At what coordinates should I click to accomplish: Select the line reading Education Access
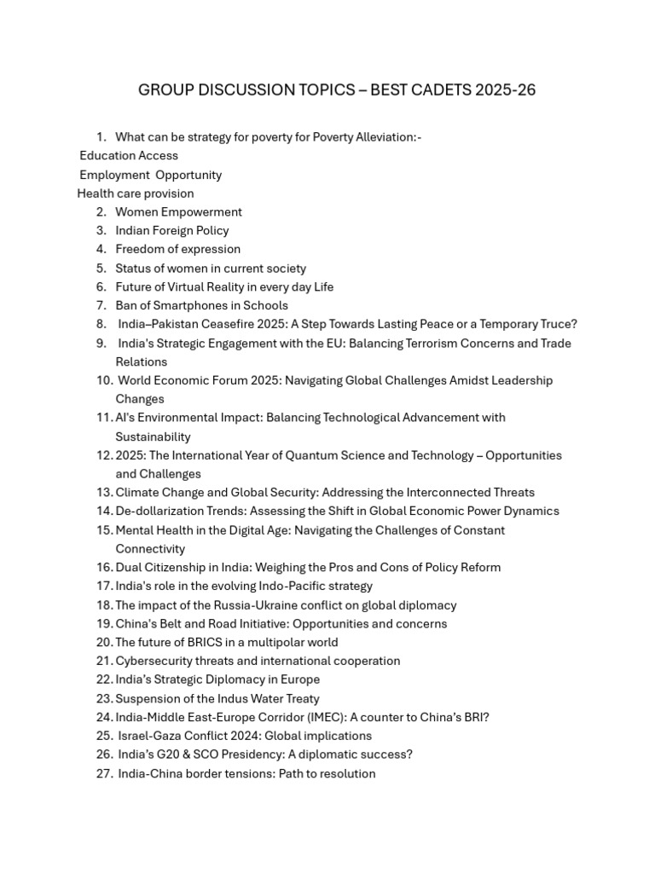[x=129, y=156]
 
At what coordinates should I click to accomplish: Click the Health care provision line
[x=136, y=194]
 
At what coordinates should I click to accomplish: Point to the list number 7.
[x=101, y=305]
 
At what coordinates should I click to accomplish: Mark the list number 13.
[x=104, y=493]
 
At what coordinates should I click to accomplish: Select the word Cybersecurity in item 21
[x=155, y=662]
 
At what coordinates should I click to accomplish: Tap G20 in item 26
[x=168, y=754]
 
